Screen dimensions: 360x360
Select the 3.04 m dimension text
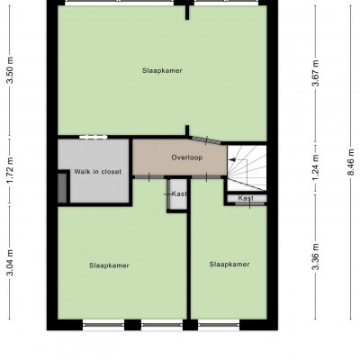(x=11, y=262)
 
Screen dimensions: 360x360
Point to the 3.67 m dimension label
(x=316, y=73)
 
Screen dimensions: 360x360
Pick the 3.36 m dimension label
(x=316, y=256)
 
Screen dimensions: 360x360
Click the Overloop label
(x=187, y=157)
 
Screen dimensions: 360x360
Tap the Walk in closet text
(x=98, y=172)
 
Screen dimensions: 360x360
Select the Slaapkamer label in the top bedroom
(x=162, y=71)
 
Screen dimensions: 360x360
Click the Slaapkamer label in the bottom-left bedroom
(x=109, y=265)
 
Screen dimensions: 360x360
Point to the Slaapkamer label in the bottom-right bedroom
(x=229, y=265)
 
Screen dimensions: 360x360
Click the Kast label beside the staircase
(x=246, y=198)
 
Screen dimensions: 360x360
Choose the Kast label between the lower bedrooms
(x=179, y=193)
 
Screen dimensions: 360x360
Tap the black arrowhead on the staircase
(x=232, y=160)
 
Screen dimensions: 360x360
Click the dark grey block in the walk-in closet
(x=62, y=188)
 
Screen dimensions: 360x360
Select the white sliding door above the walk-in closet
(x=94, y=137)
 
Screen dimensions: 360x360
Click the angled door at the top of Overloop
(x=205, y=140)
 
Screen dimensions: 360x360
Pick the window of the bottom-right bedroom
(x=219, y=324)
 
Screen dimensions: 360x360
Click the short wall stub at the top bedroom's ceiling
(x=187, y=13)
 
